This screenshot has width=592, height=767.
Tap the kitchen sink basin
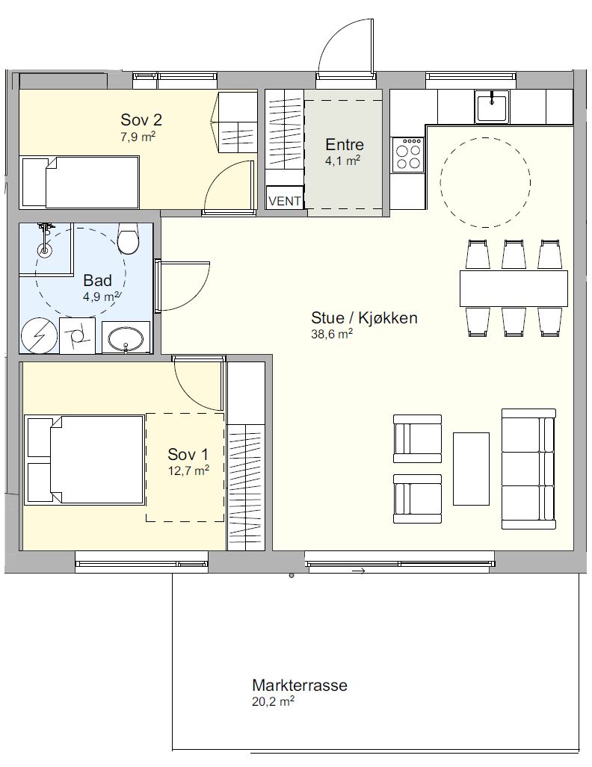(492, 107)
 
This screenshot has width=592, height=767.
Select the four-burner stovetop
(408, 154)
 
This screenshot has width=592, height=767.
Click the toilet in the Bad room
(129, 239)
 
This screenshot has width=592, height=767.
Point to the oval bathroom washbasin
(126, 338)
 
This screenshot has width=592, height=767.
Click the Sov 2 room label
(141, 119)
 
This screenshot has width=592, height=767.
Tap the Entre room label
(345, 144)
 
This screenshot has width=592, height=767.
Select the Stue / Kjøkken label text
(364, 318)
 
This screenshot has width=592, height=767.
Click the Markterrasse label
(300, 685)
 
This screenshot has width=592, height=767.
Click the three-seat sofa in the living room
(528, 469)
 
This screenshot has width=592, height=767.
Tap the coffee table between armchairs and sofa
(471, 468)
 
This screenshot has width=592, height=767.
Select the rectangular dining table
(514, 288)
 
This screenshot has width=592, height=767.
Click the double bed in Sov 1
(84, 460)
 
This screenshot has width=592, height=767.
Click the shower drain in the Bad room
(45, 250)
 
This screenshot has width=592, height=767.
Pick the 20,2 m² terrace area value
(274, 702)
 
